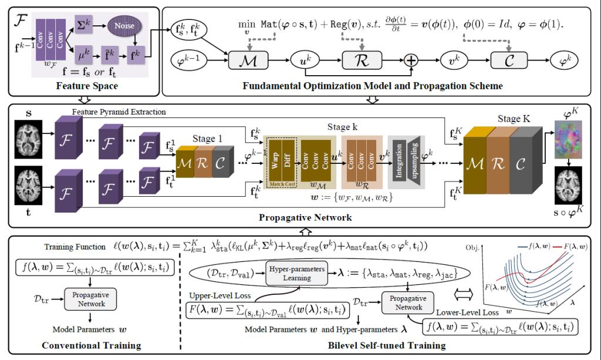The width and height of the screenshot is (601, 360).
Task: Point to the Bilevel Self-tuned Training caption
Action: pos(376,345)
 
